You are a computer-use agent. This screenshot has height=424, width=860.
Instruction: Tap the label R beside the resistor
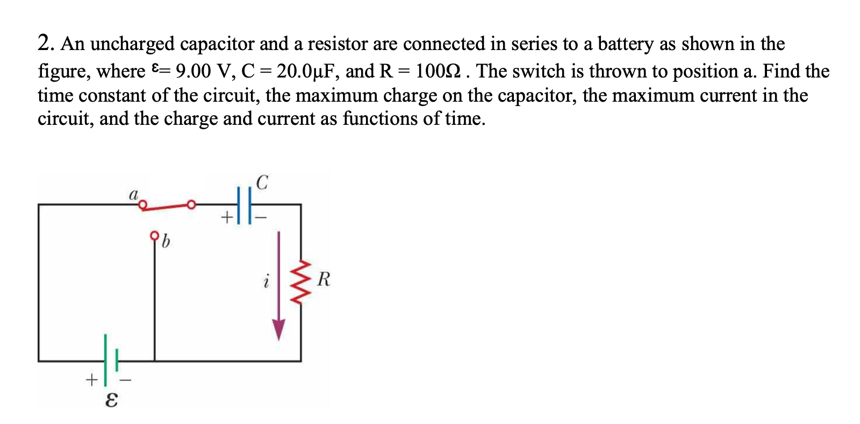click(324, 280)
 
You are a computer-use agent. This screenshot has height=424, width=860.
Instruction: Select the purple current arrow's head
click(278, 329)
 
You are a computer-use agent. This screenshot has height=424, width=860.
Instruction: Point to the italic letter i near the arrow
click(266, 281)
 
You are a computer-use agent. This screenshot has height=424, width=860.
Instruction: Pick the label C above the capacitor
click(262, 182)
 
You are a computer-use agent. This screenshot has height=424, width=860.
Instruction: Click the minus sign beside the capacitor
click(261, 218)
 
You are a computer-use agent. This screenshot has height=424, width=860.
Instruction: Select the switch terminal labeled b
click(155, 235)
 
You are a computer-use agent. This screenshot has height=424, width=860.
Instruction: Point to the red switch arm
click(167, 206)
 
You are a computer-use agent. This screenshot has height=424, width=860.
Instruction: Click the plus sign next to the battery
click(91, 380)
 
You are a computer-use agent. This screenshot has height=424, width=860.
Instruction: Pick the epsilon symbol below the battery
click(111, 400)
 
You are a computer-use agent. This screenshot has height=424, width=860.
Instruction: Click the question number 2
click(45, 43)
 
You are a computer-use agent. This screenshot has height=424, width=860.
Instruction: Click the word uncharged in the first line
click(132, 44)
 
